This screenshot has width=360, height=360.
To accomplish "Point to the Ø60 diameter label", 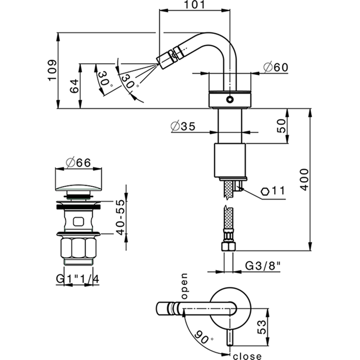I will tap(274, 67).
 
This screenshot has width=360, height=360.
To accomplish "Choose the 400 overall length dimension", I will tap(305, 179).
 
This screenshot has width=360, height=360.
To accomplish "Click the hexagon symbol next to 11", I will tap(265, 191).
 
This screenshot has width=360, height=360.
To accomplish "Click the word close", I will tap(248, 355).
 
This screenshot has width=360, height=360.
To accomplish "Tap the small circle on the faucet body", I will tap(230, 100).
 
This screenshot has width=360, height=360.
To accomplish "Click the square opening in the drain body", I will tap(79, 222).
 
